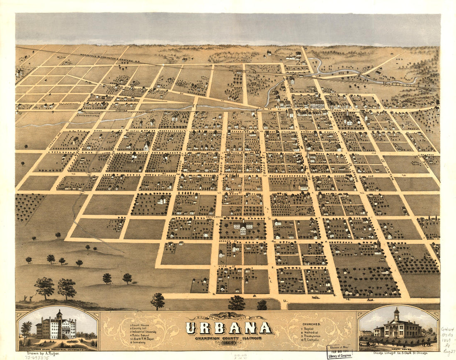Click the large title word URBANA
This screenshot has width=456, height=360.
coord(229,328)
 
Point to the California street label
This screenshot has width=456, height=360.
coord(215,217)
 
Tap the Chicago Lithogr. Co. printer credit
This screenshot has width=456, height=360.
coord(398,353)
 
